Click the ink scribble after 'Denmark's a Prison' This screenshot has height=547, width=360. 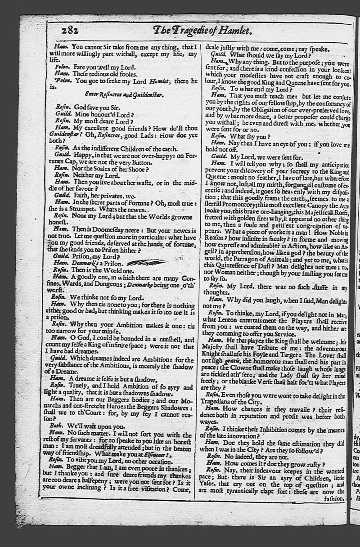coord(146,262)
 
